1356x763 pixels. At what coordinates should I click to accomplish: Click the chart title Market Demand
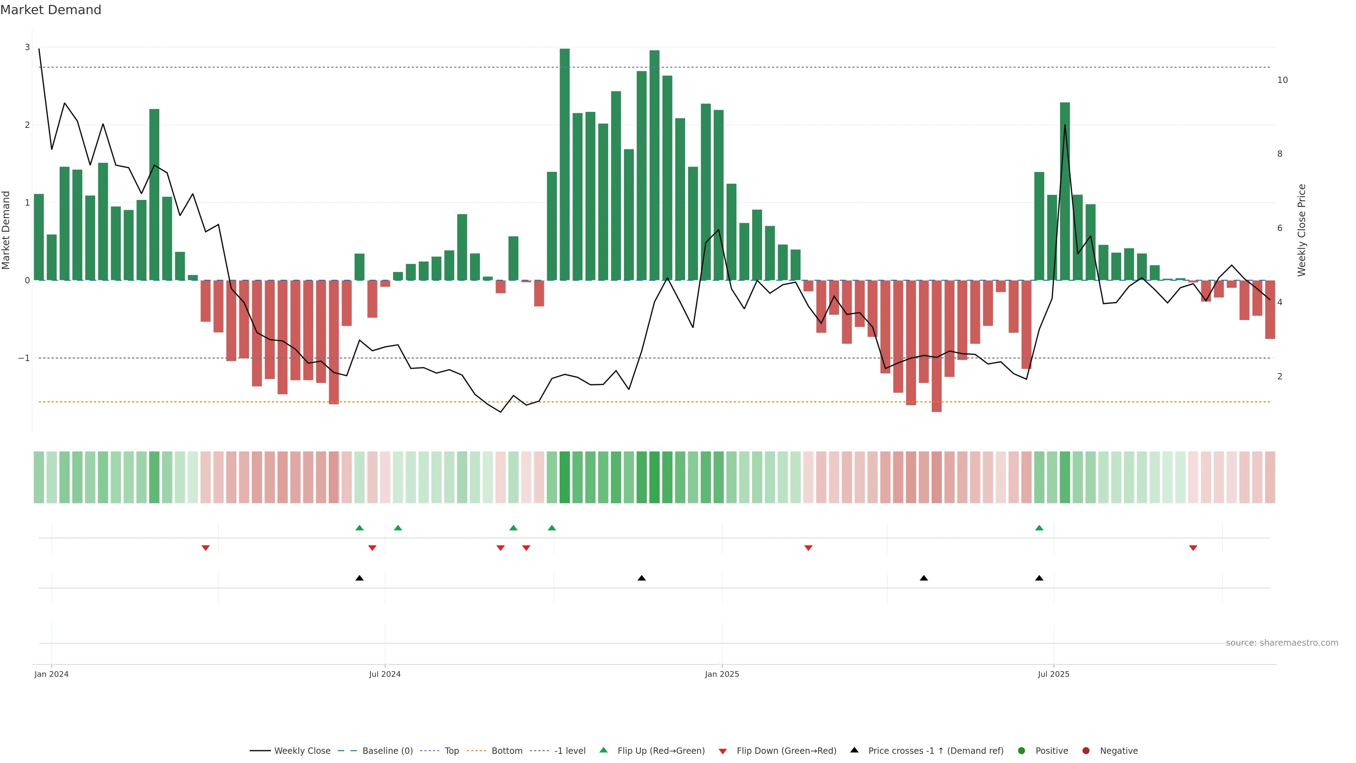(x=50, y=10)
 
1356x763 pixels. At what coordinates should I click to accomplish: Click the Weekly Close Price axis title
(x=1301, y=230)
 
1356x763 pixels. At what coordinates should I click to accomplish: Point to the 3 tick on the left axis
(x=28, y=47)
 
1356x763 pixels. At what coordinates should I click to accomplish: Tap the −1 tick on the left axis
(x=24, y=358)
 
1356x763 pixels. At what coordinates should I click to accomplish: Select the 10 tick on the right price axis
(x=1282, y=80)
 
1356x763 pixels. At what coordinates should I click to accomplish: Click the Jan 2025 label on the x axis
(x=722, y=674)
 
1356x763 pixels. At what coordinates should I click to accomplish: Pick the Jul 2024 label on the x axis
(x=385, y=674)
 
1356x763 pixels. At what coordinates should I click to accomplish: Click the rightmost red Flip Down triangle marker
(x=1193, y=548)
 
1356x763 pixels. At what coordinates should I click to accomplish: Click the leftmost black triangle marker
(x=359, y=578)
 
